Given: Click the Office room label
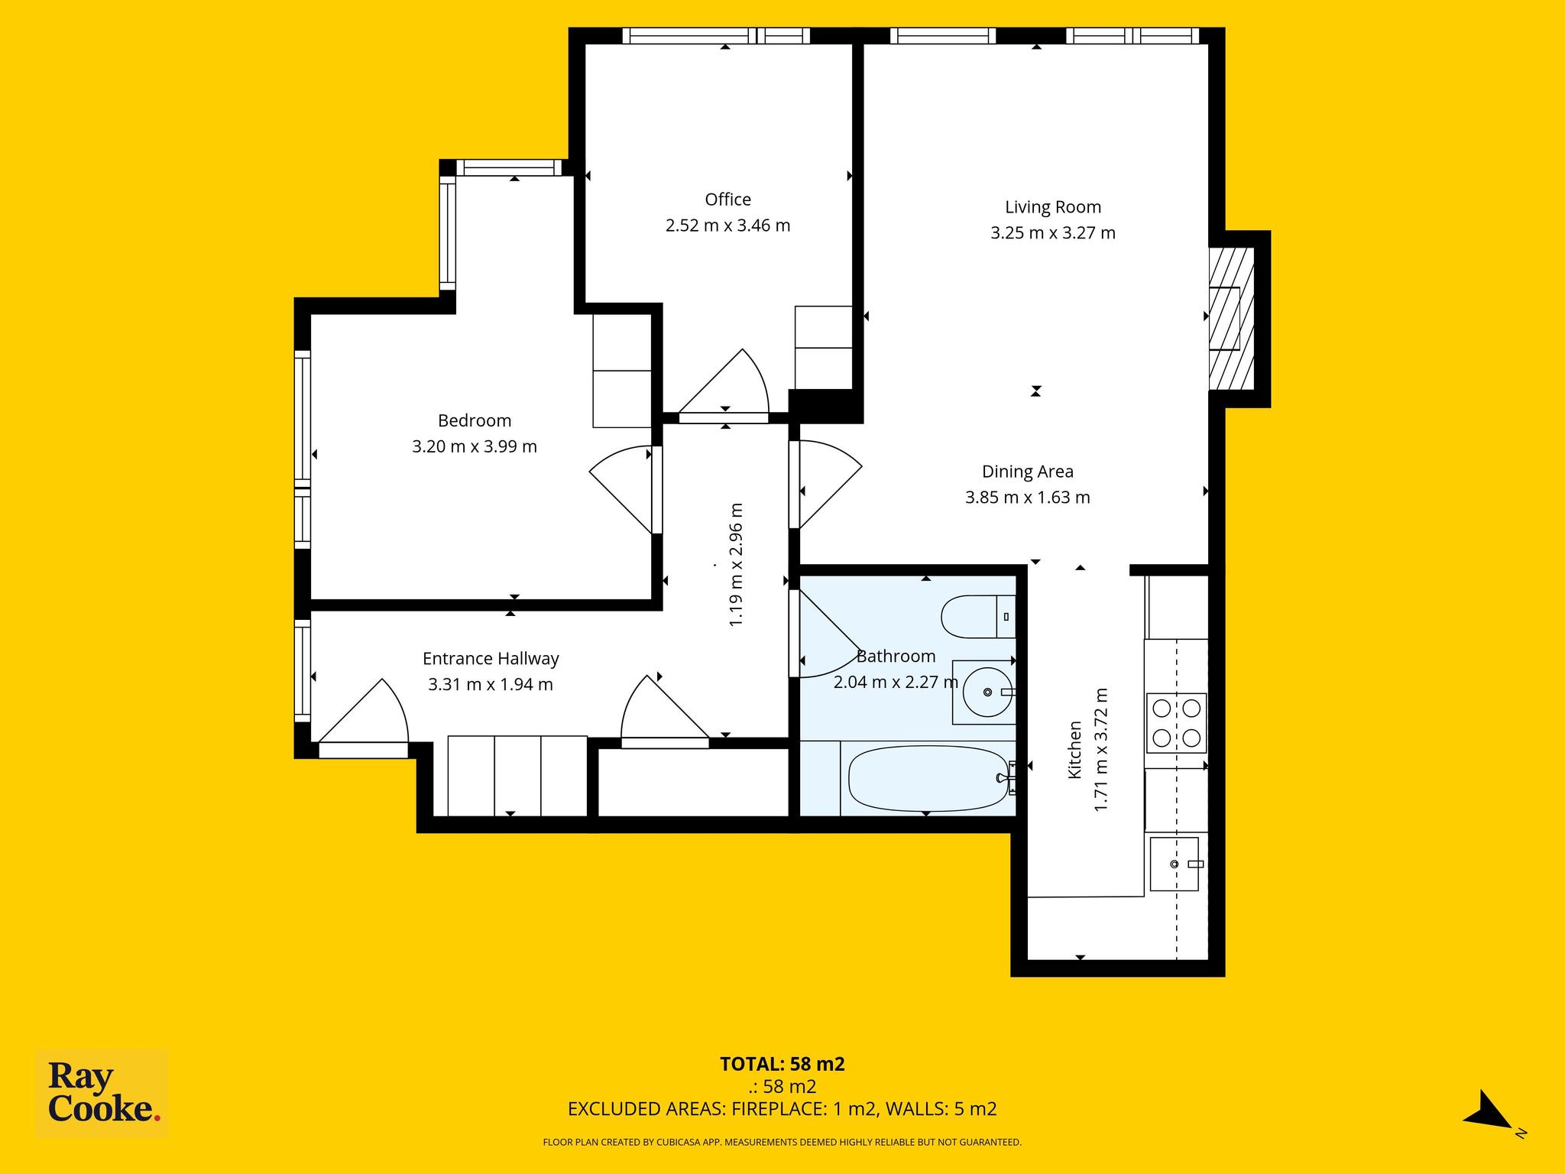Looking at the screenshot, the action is pyautogui.click(x=727, y=199).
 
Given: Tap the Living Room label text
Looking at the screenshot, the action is pyautogui.click(x=1052, y=207).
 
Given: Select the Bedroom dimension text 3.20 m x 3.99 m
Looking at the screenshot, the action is pyautogui.click(x=475, y=446).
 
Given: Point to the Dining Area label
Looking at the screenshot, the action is pyautogui.click(x=1027, y=472).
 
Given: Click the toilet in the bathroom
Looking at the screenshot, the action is pyautogui.click(x=978, y=616).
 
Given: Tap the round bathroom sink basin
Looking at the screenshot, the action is pyautogui.click(x=987, y=692).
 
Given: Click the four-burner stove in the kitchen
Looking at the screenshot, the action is pyautogui.click(x=1176, y=722).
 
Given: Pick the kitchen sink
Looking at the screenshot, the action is pyautogui.click(x=1175, y=864).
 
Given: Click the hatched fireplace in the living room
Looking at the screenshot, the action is pyautogui.click(x=1231, y=319).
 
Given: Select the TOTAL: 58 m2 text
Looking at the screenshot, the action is pyautogui.click(x=782, y=1064).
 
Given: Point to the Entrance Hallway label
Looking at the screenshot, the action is pyautogui.click(x=491, y=659).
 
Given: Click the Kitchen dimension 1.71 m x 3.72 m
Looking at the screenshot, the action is pyautogui.click(x=1101, y=750).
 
